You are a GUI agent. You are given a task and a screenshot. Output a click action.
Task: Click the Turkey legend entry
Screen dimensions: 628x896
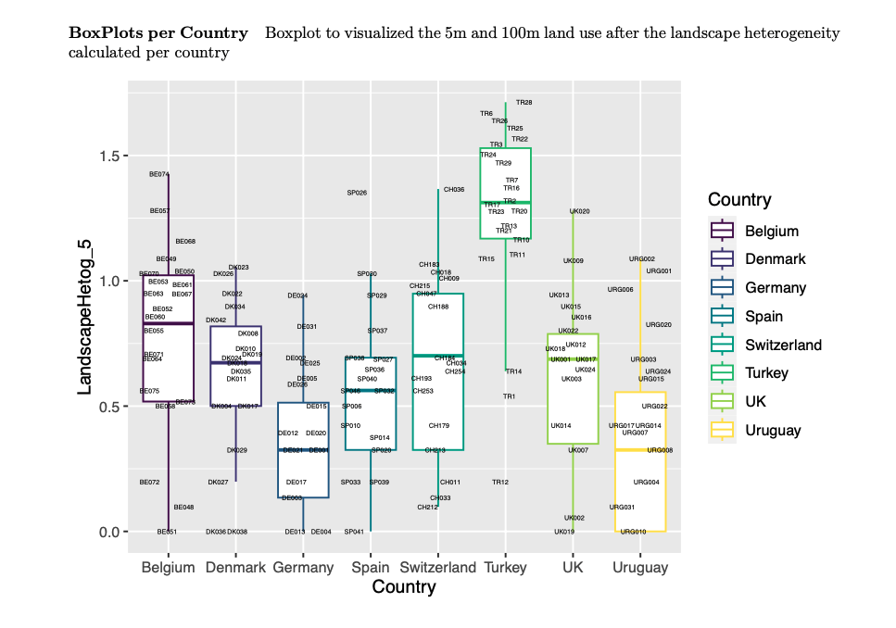point(765,372)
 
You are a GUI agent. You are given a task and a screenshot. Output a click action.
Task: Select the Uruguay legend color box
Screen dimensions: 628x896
point(722,430)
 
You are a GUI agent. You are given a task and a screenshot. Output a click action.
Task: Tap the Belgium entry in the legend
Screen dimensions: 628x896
point(771,231)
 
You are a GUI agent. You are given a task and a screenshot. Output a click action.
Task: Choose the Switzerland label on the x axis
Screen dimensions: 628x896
point(437,568)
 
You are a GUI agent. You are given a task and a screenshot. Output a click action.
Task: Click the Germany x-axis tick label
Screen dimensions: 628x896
point(303,568)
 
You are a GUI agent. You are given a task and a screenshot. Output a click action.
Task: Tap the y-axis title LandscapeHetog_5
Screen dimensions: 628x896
point(84,317)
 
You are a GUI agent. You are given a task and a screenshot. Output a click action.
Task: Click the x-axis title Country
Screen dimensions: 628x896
point(403,587)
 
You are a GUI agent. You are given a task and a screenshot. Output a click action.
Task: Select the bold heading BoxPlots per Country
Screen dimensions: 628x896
point(158,33)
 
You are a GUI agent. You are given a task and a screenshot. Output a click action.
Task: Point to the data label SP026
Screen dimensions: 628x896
point(357,193)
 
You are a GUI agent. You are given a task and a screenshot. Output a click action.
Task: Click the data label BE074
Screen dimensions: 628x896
point(159,174)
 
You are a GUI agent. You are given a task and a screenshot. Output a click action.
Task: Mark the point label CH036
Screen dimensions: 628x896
point(454,189)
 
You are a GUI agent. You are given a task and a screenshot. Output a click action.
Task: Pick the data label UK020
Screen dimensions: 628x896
point(579,211)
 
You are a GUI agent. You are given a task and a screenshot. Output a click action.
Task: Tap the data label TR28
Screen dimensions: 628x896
point(524,102)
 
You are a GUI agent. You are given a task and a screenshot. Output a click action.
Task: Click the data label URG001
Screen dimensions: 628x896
point(659,271)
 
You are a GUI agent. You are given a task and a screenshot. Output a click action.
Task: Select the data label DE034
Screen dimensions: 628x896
point(297,296)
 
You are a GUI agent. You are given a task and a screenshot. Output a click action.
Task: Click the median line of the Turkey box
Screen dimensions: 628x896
point(505,202)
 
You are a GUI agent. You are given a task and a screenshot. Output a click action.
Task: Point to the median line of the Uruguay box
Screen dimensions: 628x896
point(640,450)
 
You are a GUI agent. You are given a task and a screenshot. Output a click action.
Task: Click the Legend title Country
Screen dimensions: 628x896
point(738,200)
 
